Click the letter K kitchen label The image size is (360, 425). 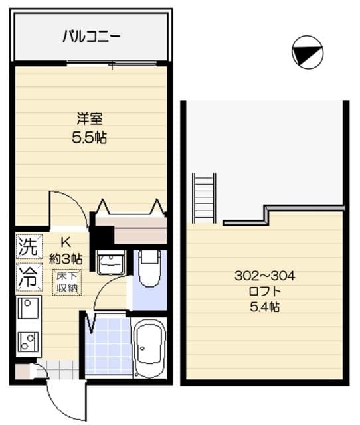pos(66,242)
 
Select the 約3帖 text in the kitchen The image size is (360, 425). pos(66,258)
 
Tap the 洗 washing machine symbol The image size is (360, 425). pos(27,248)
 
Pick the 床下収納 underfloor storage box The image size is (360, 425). pos(66,282)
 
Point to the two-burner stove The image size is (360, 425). pos(28,341)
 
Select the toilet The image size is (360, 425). pos(150,268)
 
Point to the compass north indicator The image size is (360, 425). pos(308,52)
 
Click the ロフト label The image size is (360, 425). pos(264,291)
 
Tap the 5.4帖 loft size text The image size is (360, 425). pos(264,307)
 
